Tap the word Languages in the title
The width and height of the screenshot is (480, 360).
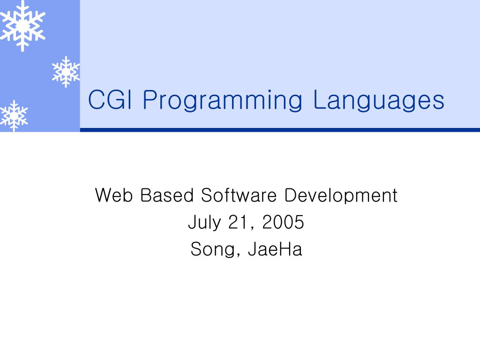[x=378, y=101]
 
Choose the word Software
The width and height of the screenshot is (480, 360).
[x=239, y=195]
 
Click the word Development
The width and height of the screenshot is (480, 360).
[x=341, y=196]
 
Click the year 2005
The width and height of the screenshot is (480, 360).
[x=283, y=222]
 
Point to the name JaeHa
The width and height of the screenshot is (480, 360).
[x=275, y=249]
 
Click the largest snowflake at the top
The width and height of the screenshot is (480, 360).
[x=22, y=26]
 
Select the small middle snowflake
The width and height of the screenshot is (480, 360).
[x=66, y=72]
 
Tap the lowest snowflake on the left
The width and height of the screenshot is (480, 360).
[x=14, y=115]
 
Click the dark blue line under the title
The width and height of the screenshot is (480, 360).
[x=280, y=130]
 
